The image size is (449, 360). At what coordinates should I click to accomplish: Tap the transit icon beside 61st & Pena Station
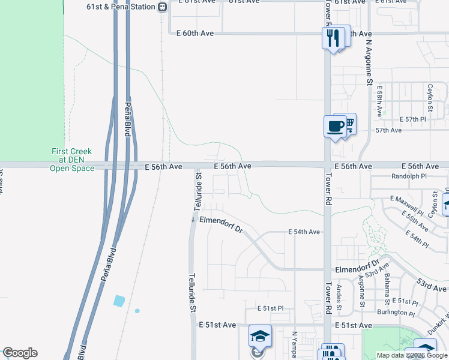click(162, 7)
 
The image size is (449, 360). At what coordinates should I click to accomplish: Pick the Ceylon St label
click(430, 98)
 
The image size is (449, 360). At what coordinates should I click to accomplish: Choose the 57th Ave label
click(388, 130)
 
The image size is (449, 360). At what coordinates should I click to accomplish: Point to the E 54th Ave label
click(304, 232)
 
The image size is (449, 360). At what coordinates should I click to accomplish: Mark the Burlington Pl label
click(396, 313)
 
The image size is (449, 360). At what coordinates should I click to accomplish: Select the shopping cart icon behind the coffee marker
click(349, 122)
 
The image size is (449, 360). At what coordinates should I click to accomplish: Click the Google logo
click(20, 353)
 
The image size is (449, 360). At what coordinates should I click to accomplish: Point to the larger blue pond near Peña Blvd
click(119, 300)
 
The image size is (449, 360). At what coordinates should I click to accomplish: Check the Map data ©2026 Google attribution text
click(412, 355)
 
